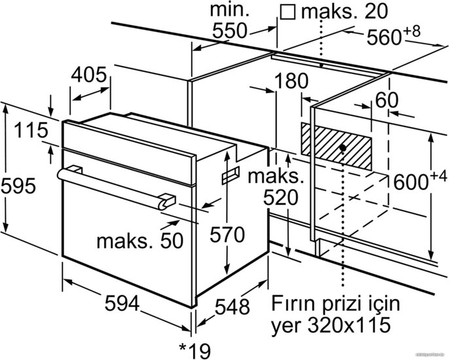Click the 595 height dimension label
point(18,187)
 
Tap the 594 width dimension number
point(122,304)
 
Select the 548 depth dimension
point(232,307)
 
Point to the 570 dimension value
point(227,235)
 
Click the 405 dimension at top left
point(88,75)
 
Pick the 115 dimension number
point(31,130)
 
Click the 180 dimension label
point(291,81)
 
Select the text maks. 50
point(140,242)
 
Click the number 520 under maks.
point(281,198)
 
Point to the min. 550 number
point(229,31)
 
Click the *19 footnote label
point(195,351)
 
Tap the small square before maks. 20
point(288,12)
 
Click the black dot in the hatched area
point(342,148)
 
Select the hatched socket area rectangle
point(336,147)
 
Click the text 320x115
point(350,325)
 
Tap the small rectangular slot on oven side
point(230,175)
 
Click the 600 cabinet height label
point(420,181)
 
